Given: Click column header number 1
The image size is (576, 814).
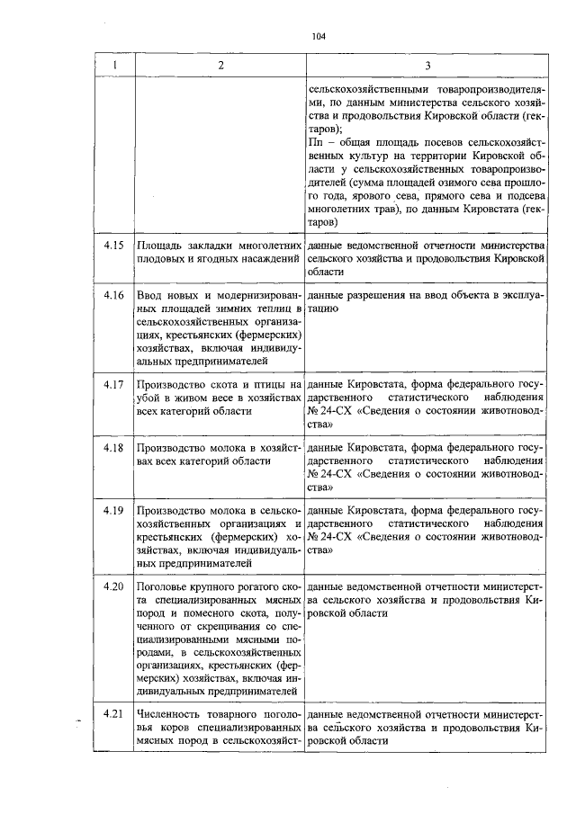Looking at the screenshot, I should pyautogui.click(x=112, y=66).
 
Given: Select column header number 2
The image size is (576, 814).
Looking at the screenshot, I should pyautogui.click(x=220, y=66).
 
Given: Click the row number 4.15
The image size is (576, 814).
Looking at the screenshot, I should pyautogui.click(x=112, y=245).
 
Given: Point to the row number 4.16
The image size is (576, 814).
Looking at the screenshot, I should pyautogui.click(x=112, y=295).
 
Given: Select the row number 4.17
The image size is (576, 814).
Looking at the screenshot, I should pyautogui.click(x=112, y=384).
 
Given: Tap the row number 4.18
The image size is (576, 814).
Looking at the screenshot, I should pyautogui.click(x=112, y=447).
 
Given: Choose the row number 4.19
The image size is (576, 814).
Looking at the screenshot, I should pyautogui.click(x=112, y=510).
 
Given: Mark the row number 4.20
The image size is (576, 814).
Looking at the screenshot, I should pyautogui.click(x=112, y=586).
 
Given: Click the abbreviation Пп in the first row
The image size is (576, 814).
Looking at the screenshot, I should pyautogui.click(x=314, y=142).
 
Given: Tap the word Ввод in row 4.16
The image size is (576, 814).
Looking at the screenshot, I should pyautogui.click(x=149, y=295).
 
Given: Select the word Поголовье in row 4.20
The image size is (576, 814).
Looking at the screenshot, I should pyautogui.click(x=166, y=586).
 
